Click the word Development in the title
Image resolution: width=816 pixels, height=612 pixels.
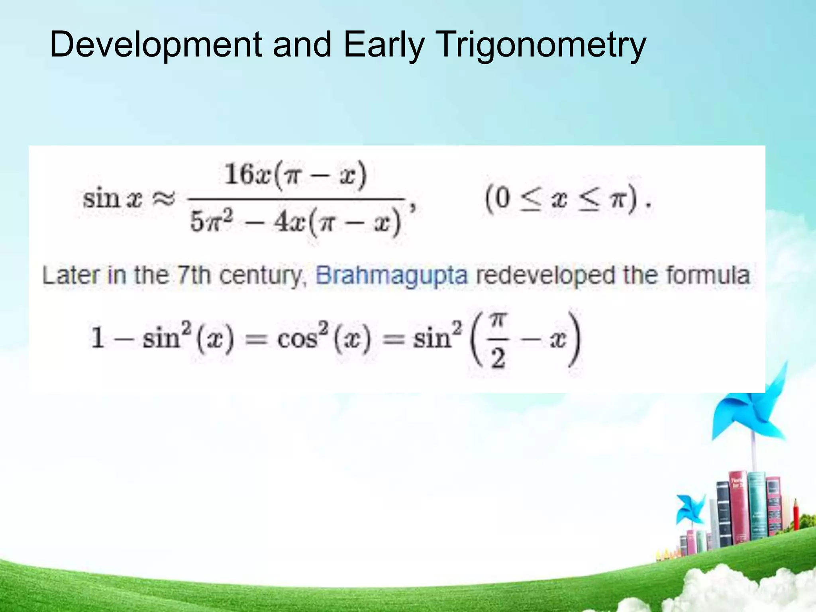point(155,45)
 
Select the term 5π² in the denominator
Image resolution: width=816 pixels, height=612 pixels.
point(211,222)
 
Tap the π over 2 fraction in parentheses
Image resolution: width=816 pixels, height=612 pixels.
point(498,339)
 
